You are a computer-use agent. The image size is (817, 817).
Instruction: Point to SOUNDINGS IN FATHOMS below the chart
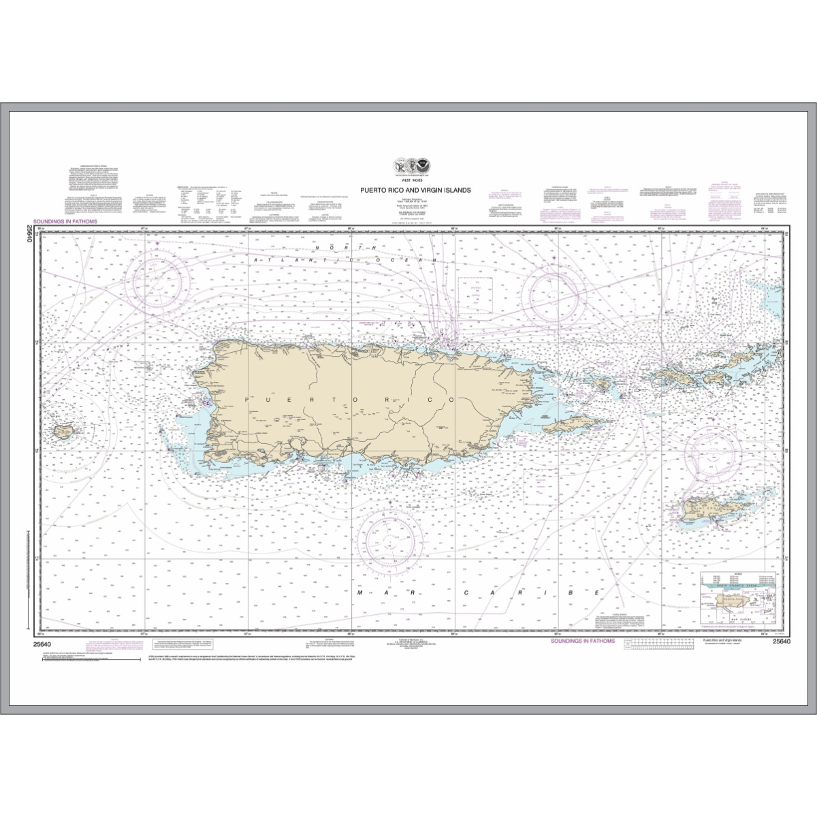[x=582, y=641]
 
